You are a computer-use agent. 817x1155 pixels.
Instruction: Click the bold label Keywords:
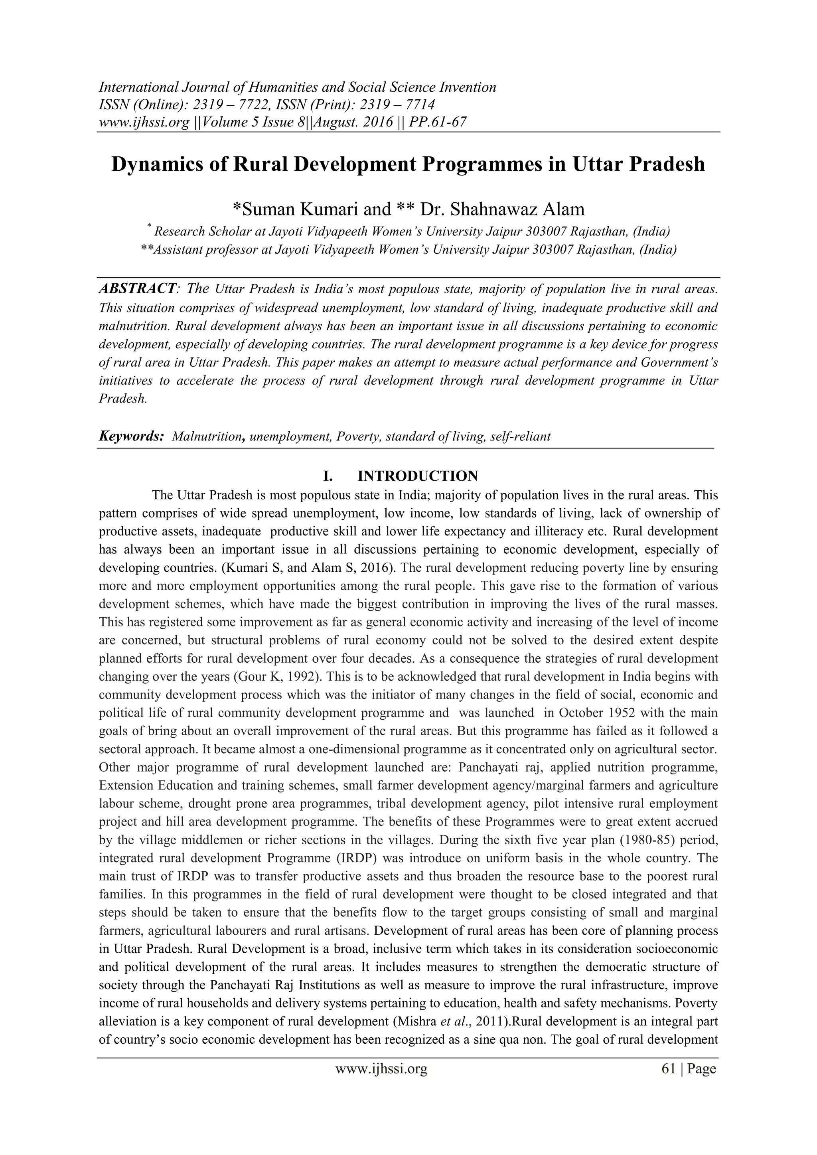(131, 436)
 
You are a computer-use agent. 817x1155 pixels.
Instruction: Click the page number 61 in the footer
(668, 1078)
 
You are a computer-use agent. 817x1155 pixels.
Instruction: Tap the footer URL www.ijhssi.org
(381, 1078)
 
